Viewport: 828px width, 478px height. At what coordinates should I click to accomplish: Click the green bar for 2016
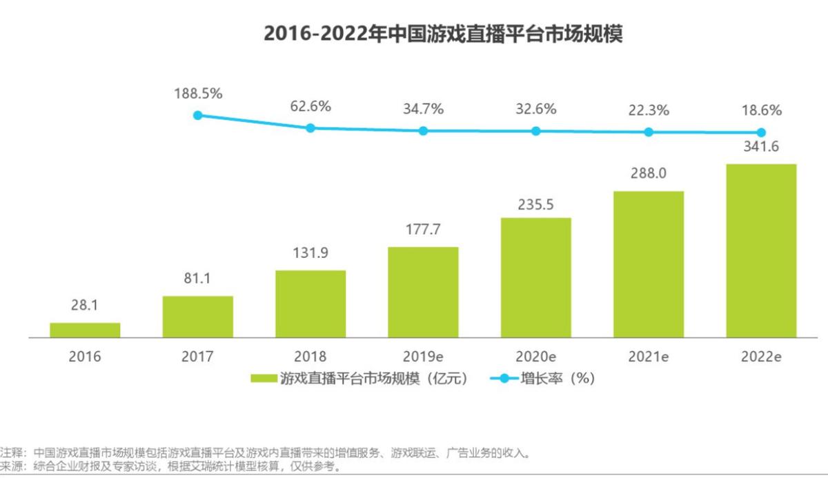coord(85,330)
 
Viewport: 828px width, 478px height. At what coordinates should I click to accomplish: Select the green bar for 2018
coord(310,303)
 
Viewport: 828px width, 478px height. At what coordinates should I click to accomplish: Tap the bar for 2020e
coord(536,277)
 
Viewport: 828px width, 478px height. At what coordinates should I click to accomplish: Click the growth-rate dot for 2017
coord(198,115)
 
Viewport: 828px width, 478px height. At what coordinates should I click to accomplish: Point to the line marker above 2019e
coord(424,130)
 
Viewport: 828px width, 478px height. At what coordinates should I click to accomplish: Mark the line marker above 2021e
coord(649,132)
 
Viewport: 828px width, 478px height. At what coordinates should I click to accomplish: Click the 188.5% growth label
coord(198,94)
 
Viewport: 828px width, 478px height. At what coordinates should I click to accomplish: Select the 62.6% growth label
coord(310,106)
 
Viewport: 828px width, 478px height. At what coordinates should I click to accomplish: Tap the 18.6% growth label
coord(761,110)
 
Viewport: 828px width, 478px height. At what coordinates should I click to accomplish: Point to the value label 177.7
coord(424,230)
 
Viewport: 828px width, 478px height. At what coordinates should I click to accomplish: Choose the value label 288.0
coord(649,174)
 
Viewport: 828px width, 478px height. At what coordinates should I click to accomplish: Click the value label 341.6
coord(761,146)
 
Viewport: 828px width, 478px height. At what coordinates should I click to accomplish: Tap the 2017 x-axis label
coord(198,357)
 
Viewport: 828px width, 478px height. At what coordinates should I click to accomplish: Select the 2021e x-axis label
coord(649,357)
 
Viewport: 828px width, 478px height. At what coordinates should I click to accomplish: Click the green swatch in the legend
coord(264,378)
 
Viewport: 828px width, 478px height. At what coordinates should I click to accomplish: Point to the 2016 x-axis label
coord(85,357)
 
